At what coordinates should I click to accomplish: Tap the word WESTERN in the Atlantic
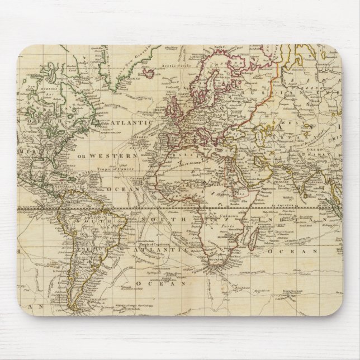(120, 154)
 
